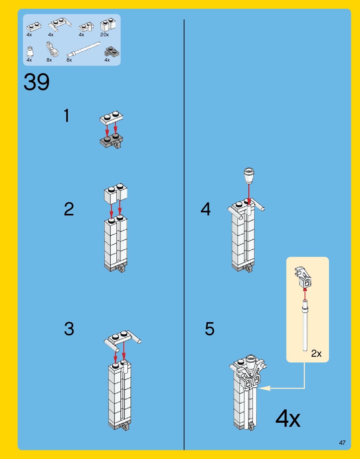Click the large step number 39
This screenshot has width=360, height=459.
pos(37,82)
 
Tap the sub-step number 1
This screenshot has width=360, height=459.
pos(66,115)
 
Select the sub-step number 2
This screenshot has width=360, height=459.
pos(69,209)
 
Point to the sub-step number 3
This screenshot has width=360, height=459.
pos(69,329)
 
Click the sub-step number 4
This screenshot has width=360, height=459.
pos(205,209)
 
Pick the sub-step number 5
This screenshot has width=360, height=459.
pos(210,329)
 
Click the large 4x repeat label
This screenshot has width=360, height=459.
pos(288,418)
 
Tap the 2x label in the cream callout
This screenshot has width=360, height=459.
pos(316,353)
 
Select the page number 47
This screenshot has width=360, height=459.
pos(342,443)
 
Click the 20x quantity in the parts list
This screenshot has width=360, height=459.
pos(104,35)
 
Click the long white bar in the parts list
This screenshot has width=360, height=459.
pos(84,50)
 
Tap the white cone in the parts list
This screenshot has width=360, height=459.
pos(30,52)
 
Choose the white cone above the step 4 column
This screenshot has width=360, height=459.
pos(249,176)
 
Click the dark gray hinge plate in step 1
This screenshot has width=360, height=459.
pos(111,141)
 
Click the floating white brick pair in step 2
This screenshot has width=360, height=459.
pos(116,192)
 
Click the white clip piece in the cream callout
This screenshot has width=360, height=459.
pos(303,277)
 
